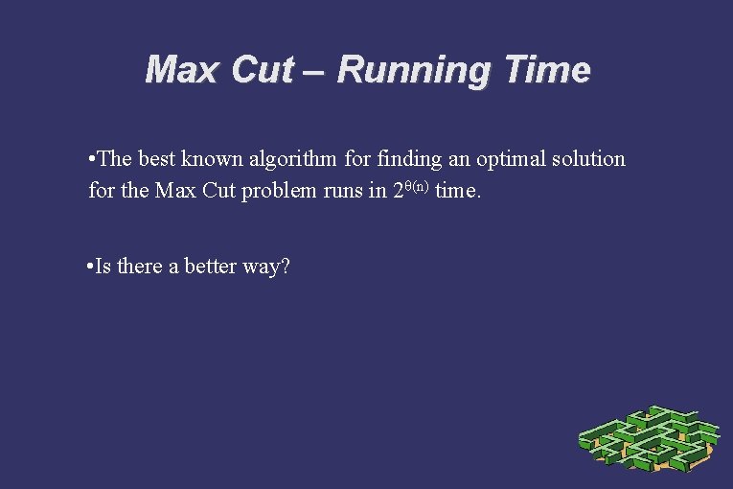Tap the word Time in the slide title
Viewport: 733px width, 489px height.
point(552,70)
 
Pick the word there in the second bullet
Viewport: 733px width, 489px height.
point(140,267)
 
